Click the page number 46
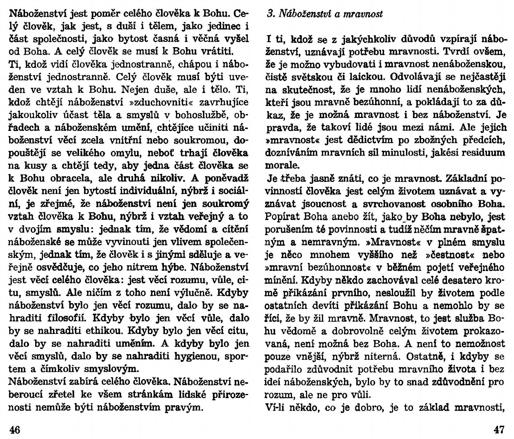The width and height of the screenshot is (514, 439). [15, 430]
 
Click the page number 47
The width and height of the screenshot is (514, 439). [499, 430]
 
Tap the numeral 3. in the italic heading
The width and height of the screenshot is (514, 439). [270, 14]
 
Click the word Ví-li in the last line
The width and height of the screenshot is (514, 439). [275, 407]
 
